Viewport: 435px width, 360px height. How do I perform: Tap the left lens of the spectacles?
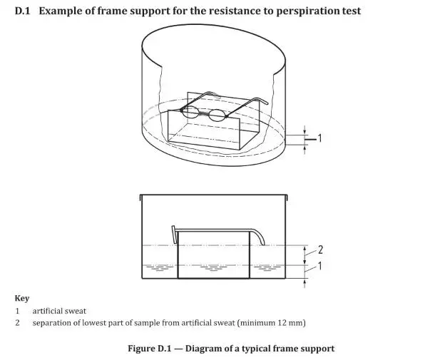(191, 111)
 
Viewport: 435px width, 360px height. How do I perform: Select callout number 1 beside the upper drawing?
(319, 138)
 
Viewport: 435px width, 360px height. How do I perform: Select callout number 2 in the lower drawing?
(320, 250)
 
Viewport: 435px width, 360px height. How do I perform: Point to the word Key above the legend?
(22, 298)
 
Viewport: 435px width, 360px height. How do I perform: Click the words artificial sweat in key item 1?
(60, 311)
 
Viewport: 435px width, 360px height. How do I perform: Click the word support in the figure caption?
(317, 348)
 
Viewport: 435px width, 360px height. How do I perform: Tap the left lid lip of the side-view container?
(142, 196)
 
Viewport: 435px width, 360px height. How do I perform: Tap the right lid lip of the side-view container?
(287, 196)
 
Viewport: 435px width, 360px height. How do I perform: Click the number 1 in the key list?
(17, 311)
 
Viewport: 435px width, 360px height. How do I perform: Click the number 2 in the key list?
(17, 323)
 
